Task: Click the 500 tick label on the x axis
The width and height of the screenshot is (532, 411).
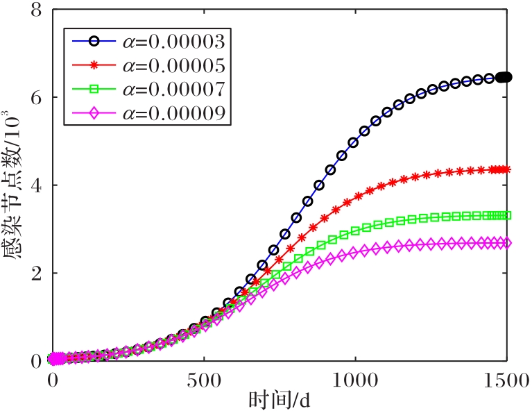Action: [x=203, y=380]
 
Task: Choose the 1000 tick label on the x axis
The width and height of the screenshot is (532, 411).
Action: [x=354, y=380]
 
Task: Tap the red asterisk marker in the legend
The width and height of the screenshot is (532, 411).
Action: [x=94, y=65]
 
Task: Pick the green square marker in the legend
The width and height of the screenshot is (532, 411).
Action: [x=94, y=89]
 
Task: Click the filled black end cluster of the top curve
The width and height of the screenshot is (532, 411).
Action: [x=504, y=77]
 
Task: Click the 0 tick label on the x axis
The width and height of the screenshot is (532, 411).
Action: [x=53, y=380]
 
